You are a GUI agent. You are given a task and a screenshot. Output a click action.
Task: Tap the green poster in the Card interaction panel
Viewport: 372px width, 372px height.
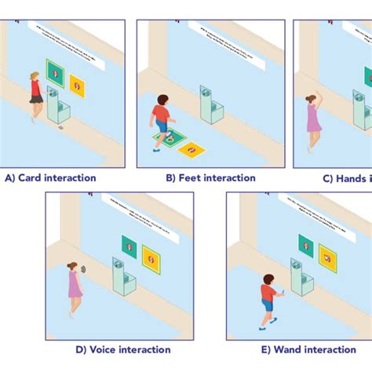55,73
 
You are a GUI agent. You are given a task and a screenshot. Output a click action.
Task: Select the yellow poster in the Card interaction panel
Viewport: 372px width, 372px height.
78,83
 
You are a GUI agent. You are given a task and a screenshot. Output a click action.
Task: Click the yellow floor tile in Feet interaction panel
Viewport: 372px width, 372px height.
191,148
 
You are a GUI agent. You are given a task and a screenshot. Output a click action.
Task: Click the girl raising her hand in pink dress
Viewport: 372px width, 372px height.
313,118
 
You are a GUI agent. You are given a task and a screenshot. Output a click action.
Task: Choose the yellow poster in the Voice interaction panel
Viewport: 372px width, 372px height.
151,258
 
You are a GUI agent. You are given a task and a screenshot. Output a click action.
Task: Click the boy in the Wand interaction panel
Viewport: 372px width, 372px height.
268,299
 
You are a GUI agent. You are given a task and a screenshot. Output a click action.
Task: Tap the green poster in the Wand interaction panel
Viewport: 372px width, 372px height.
305,246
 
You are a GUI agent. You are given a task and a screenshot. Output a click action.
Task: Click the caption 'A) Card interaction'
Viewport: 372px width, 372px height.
50,178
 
